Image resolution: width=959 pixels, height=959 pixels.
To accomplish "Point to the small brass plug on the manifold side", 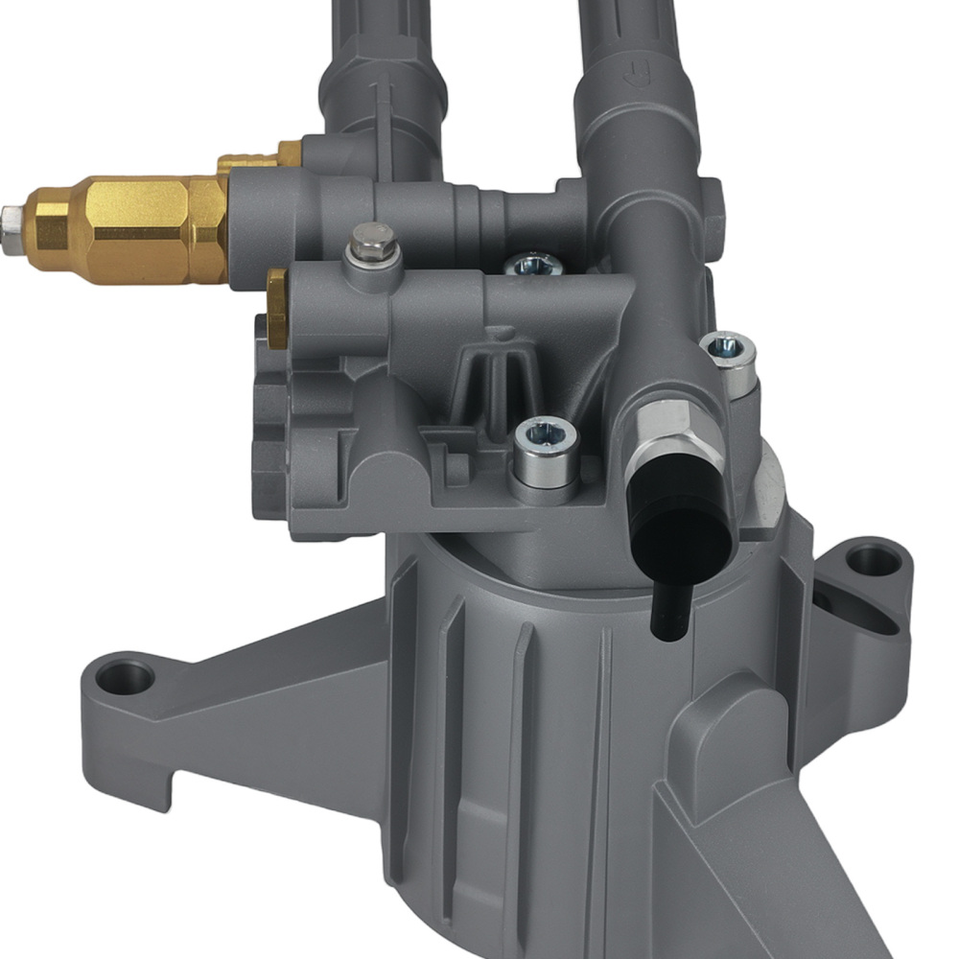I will click(x=277, y=309).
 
